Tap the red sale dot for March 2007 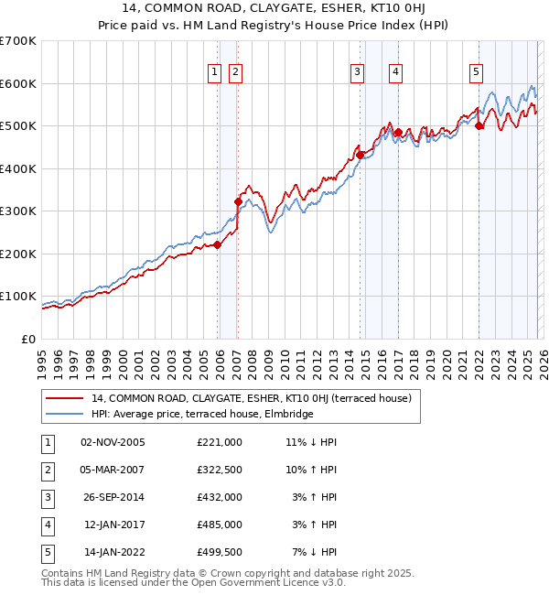coord(238,201)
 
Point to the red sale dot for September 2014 coord(361,155)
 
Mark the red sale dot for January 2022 coord(479,126)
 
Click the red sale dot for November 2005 coord(218,244)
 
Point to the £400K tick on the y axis coord(18,168)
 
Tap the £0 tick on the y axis coord(27,339)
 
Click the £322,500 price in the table coord(220,469)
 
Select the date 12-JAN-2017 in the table coord(113,525)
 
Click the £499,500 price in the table coord(220,552)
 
